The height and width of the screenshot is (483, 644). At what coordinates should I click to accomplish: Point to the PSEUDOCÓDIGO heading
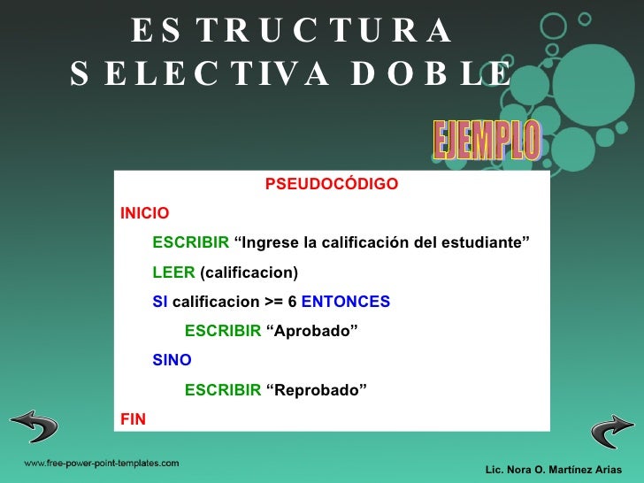[332, 185]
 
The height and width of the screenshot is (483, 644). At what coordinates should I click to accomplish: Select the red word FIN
[133, 418]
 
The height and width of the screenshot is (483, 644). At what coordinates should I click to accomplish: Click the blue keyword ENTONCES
[346, 302]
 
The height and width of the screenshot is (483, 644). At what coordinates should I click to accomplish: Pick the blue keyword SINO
[172, 360]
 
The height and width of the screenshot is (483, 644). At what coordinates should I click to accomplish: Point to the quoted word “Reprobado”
[316, 389]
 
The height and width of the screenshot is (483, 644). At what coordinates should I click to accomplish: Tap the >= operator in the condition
[274, 302]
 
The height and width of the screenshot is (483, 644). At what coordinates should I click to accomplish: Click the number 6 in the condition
[293, 302]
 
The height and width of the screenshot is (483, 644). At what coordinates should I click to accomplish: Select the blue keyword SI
[160, 302]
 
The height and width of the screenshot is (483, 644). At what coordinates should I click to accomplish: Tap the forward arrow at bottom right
[611, 431]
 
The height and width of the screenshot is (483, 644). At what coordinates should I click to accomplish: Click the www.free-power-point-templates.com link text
[101, 463]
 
